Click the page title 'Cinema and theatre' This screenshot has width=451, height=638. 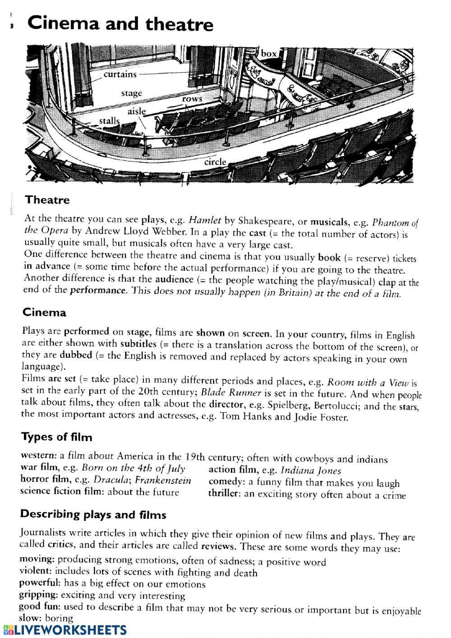pos(120,23)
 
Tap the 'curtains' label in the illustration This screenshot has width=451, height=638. pos(120,74)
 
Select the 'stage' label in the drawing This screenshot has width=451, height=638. pos(131,93)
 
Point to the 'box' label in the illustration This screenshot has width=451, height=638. pos(269,54)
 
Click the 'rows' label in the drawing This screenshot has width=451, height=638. pos(193,99)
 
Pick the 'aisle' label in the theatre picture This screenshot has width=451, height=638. pos(137,111)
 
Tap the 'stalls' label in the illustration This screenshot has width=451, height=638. pos(109,121)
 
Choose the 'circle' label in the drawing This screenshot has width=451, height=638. pos(215,162)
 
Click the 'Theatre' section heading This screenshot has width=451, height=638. pos(47,200)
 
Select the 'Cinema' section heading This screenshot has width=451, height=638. pos(44,312)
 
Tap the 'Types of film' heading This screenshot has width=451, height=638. pos(56,437)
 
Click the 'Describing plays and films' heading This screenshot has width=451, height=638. pos(93,514)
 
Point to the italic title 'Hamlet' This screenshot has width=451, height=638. pos(205,221)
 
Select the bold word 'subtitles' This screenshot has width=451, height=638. pos(138,344)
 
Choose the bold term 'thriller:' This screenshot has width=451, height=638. pos(225,494)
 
